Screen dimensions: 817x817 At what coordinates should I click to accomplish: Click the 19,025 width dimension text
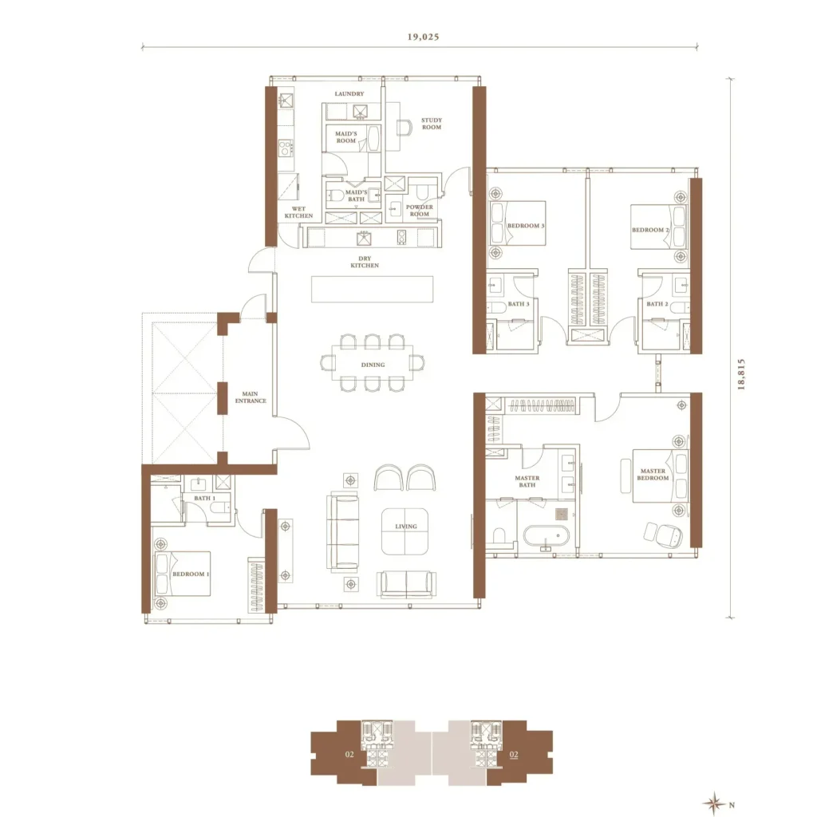tap(423, 37)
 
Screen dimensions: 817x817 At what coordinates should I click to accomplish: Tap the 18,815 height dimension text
tap(741, 374)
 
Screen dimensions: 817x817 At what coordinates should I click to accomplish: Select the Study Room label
tap(432, 124)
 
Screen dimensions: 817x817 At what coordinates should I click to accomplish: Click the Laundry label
tap(349, 94)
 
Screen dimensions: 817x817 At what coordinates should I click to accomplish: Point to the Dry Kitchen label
tap(365, 262)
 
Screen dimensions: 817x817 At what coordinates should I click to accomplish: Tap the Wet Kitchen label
tap(298, 212)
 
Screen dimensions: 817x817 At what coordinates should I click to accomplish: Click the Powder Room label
tap(420, 211)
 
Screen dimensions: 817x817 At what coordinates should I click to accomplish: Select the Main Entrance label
tap(251, 397)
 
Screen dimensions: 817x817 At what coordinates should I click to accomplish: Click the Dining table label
tap(373, 365)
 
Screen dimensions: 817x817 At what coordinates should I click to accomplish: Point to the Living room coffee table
tap(405, 532)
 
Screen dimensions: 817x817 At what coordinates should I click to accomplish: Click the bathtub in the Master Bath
tap(547, 536)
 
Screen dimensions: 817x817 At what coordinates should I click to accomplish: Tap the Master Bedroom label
tap(653, 474)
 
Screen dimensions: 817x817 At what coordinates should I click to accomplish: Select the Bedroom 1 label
tap(191, 574)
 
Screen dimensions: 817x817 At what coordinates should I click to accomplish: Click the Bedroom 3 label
tap(526, 226)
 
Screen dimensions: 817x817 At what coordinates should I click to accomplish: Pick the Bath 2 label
tap(657, 304)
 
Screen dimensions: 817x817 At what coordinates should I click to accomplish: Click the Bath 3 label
tap(519, 304)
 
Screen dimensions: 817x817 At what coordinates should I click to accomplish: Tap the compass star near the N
tap(714, 803)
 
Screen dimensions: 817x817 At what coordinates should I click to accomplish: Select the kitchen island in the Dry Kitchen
tap(372, 289)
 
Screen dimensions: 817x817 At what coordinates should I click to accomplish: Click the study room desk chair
tap(404, 128)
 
